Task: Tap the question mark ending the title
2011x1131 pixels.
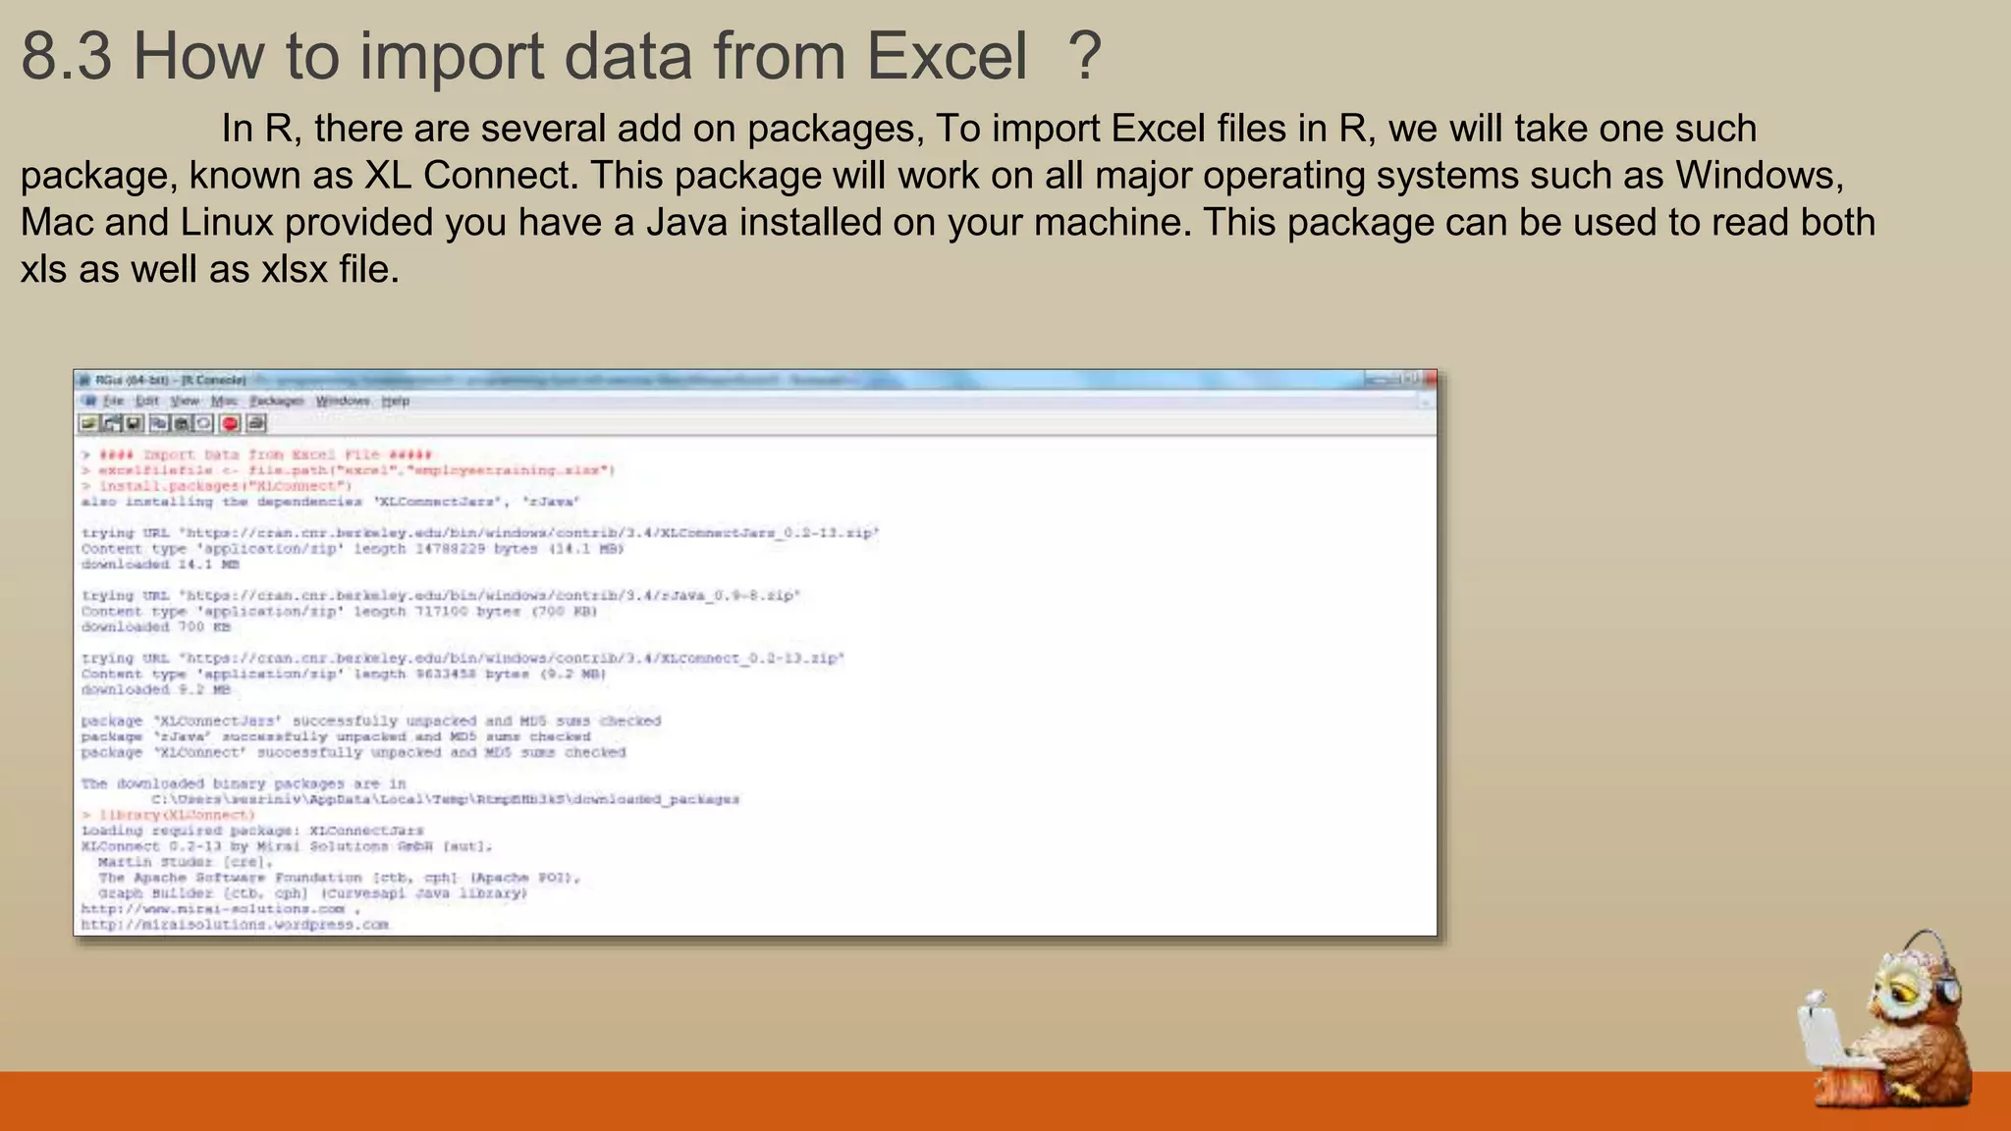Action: pyautogui.click(x=1084, y=56)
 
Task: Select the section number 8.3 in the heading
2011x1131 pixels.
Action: pyautogui.click(x=66, y=56)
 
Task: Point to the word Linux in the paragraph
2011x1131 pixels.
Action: pyautogui.click(x=227, y=223)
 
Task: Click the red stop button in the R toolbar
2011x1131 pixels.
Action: pyautogui.click(x=230, y=423)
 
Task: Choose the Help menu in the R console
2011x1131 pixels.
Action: pyautogui.click(x=395, y=401)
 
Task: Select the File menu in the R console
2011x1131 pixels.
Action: pyautogui.click(x=113, y=401)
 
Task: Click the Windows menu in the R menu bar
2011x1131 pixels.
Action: pyautogui.click(x=343, y=401)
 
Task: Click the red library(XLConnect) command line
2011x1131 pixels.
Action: pyautogui.click(x=177, y=815)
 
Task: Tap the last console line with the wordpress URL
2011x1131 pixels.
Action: pyautogui.click(x=235, y=925)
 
